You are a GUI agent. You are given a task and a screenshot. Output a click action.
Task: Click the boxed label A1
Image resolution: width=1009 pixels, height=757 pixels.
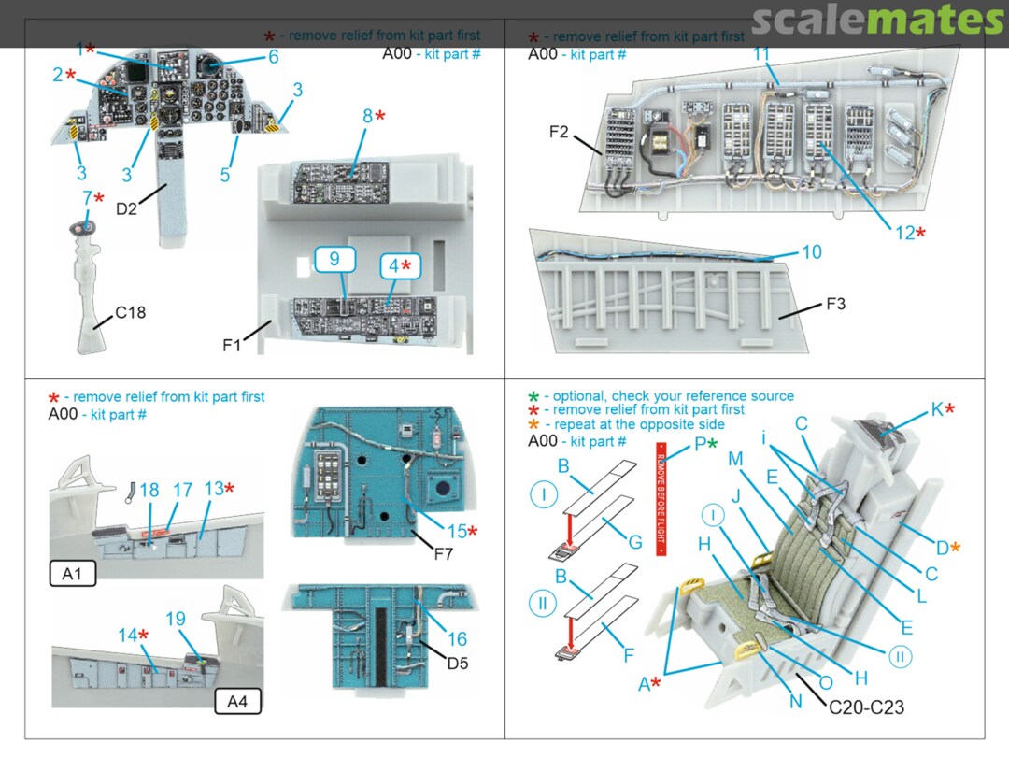[73, 572]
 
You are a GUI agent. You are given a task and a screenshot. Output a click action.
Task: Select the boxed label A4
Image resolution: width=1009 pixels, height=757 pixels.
[237, 700]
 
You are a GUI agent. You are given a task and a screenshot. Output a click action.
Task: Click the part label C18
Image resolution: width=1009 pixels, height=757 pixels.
[131, 313]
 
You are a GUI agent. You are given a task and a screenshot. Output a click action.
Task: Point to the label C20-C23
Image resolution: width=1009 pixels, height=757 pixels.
[866, 708]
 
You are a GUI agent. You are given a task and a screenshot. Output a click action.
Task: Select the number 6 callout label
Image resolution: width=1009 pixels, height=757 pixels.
[273, 57]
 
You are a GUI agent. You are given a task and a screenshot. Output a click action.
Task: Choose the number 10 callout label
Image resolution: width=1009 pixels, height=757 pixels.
[811, 253]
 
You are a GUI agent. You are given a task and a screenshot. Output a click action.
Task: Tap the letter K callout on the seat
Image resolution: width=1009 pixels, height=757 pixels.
[936, 409]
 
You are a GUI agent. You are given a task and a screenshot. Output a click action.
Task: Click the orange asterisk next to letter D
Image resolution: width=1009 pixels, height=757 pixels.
[955, 547]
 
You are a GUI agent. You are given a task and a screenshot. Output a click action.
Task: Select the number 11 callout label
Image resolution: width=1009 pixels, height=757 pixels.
[762, 55]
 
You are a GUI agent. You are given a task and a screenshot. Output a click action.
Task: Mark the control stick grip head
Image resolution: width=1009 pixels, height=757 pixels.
[81, 227]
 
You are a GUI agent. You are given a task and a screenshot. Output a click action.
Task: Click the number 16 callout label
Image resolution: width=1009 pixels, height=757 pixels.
[457, 639]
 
